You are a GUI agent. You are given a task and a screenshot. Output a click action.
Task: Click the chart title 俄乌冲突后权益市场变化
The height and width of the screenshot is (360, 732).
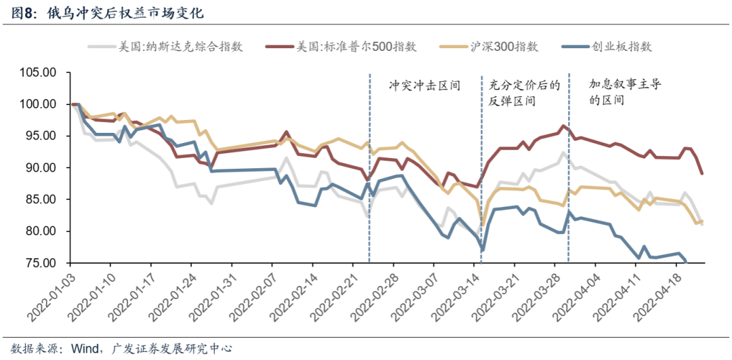(125, 13)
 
